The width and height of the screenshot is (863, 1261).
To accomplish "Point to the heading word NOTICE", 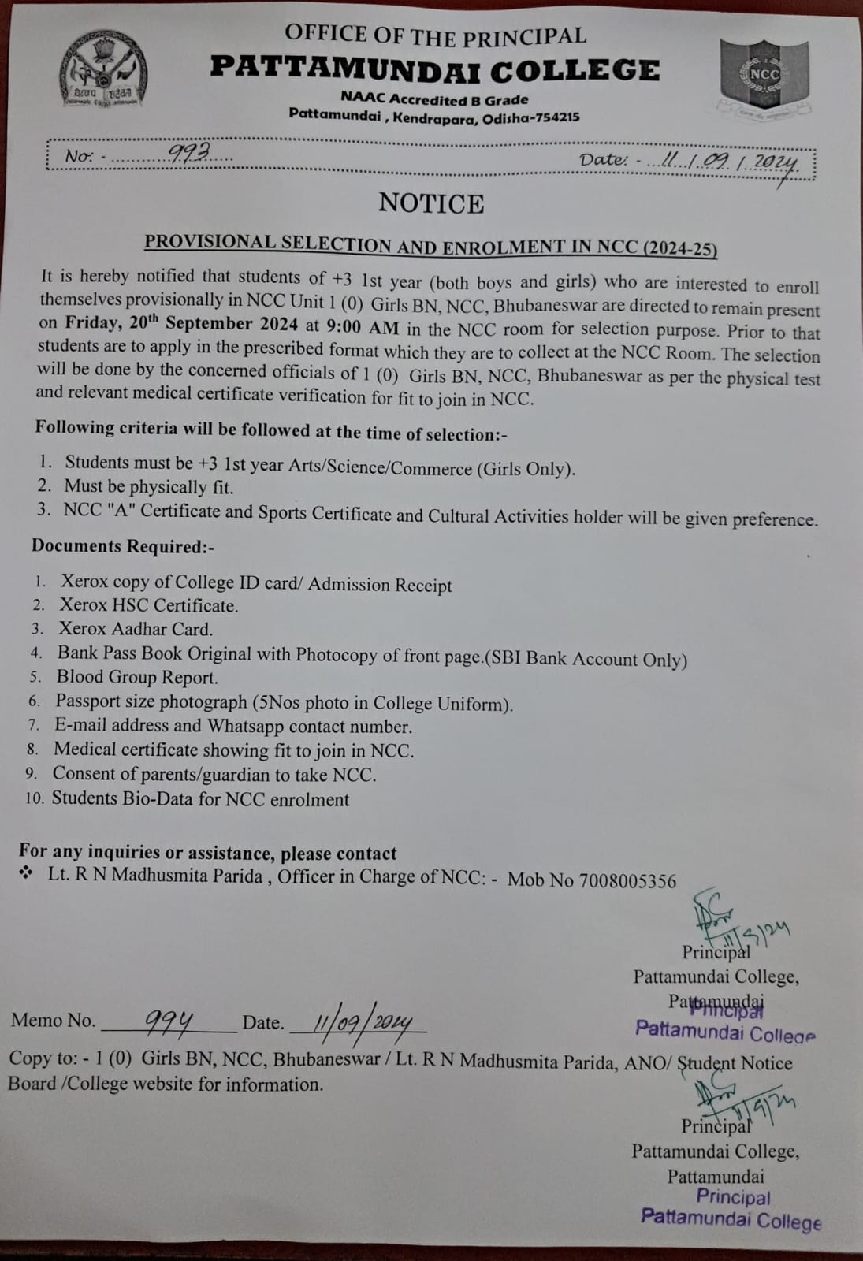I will tap(431, 203).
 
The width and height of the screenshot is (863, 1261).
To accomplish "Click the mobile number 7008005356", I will tap(627, 880).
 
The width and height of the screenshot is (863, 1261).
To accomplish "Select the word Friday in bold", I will tap(92, 322).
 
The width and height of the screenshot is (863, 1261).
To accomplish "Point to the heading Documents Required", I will tap(122, 546).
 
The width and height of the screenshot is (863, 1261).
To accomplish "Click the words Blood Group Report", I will tap(137, 677).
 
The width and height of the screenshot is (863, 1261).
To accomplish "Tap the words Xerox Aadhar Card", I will tap(136, 629).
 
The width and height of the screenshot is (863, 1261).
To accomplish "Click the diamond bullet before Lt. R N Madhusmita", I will tap(27, 873).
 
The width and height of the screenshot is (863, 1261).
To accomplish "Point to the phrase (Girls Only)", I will tap(525, 469).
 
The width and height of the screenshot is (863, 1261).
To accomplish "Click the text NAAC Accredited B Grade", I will tap(434, 100).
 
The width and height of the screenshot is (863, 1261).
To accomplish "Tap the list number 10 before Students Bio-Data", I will tap(34, 798).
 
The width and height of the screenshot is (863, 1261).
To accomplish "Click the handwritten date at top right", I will tap(730, 162).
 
